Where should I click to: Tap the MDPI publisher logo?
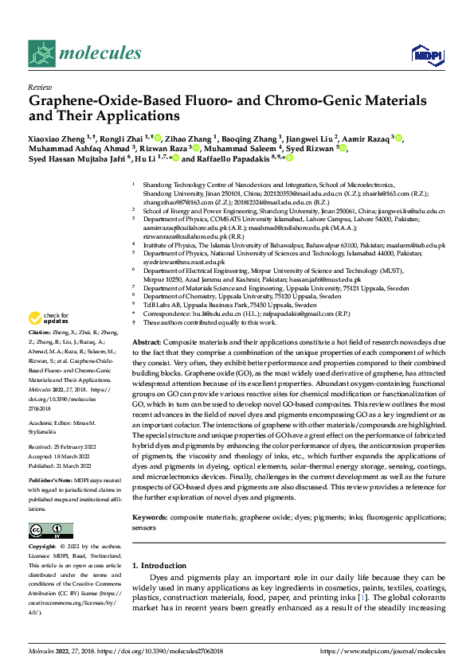tap(427, 53)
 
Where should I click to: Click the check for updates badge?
tap(51, 319)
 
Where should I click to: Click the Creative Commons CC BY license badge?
tap(51, 530)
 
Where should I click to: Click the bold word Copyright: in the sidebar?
tap(43, 547)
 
